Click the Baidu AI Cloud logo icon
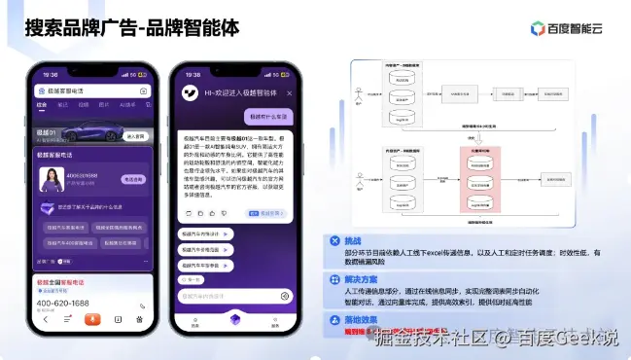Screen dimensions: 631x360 tap(537, 28)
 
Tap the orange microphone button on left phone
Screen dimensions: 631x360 tap(90, 318)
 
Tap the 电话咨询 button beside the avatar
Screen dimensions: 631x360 tap(133, 179)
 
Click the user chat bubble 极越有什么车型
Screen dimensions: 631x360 tap(266, 116)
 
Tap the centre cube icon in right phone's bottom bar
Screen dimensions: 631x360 tap(233, 318)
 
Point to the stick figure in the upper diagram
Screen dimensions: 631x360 tap(359, 93)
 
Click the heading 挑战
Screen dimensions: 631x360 tap(356, 240)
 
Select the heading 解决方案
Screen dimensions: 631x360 tap(364, 279)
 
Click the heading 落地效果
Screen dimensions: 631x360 tap(364, 319)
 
